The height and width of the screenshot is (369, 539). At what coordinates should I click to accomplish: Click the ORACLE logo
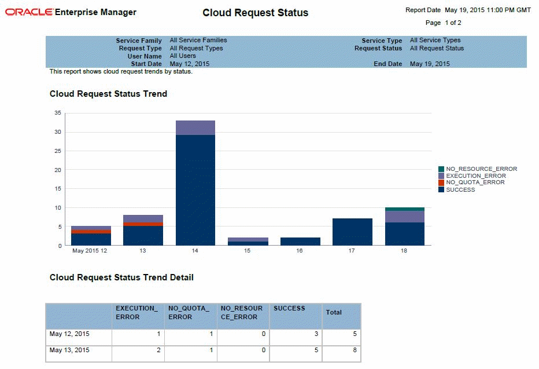[x=29, y=12]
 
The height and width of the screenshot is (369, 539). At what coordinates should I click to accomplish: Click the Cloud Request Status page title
[x=255, y=13]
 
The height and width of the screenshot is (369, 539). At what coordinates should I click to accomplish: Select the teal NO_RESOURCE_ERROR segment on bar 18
[x=404, y=209]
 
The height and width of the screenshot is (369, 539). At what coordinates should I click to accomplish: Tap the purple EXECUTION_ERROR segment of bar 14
[x=195, y=128]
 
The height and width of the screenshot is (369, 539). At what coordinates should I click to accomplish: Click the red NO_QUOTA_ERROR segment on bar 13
[x=143, y=224]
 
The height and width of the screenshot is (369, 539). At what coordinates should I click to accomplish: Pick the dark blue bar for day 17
[x=352, y=232]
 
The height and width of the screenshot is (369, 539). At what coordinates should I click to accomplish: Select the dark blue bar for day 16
[x=300, y=241]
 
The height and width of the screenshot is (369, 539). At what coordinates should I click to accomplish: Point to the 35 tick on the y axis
[x=58, y=114]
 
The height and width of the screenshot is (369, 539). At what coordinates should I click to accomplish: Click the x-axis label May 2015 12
[x=90, y=251]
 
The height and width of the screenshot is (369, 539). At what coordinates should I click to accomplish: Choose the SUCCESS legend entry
[x=460, y=190]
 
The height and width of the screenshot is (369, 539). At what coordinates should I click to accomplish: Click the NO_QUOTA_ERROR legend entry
[x=475, y=182]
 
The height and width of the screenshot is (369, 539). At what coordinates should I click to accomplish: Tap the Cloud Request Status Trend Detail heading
[x=121, y=277]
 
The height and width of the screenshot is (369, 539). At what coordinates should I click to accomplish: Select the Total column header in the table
[x=334, y=312]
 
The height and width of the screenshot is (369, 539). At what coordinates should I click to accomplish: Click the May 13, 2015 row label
[x=69, y=350]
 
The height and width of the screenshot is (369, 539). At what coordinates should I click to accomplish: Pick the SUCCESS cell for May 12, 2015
[x=296, y=334]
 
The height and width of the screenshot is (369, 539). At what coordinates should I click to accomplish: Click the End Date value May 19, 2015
[x=429, y=64]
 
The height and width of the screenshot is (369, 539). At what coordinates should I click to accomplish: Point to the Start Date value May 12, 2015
[x=189, y=64]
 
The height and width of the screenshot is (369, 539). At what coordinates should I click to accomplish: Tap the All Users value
[x=183, y=56]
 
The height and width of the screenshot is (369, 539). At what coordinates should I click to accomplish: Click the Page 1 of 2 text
[x=443, y=23]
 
